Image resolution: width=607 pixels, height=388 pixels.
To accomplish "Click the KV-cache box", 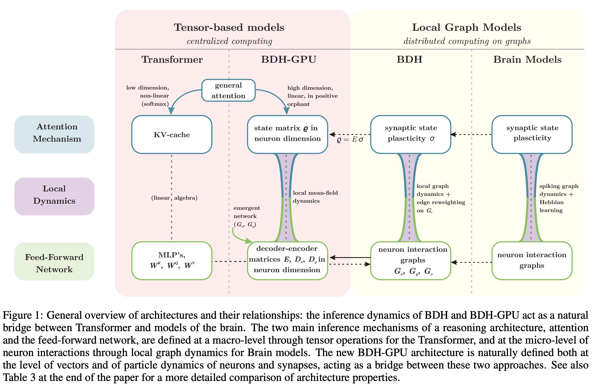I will pyautogui.click(x=172, y=135).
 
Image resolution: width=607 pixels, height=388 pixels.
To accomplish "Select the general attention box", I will pyautogui.click(x=228, y=90).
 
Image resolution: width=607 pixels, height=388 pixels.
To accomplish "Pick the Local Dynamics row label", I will pyautogui.click(x=54, y=195).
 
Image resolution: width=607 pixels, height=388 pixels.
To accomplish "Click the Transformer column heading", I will pyautogui.click(x=172, y=59).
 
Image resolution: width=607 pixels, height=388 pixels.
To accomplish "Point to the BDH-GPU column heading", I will pyautogui.click(x=289, y=59).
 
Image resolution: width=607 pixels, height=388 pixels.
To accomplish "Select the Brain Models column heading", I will pyautogui.click(x=527, y=59).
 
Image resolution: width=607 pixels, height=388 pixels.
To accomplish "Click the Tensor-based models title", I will pyautogui.click(x=229, y=27).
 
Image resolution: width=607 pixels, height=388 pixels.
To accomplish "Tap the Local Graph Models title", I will pyautogui.click(x=466, y=27).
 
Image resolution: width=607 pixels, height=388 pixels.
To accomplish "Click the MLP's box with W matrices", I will pyautogui.click(x=172, y=260).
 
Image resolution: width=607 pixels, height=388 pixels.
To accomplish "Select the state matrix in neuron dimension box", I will pyautogui.click(x=287, y=134).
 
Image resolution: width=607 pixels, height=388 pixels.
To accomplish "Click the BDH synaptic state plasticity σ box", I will pyautogui.click(x=411, y=134).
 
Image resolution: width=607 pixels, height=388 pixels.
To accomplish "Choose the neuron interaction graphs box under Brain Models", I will pyautogui.click(x=532, y=260).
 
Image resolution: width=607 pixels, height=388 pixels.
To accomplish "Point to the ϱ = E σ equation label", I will pyautogui.click(x=350, y=139).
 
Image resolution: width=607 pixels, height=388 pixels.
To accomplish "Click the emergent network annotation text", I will pyautogui.click(x=246, y=216).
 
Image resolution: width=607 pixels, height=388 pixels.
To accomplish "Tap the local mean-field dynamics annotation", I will pyautogui.click(x=315, y=197).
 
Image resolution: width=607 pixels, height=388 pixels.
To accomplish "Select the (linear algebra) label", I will pyautogui.click(x=174, y=198).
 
